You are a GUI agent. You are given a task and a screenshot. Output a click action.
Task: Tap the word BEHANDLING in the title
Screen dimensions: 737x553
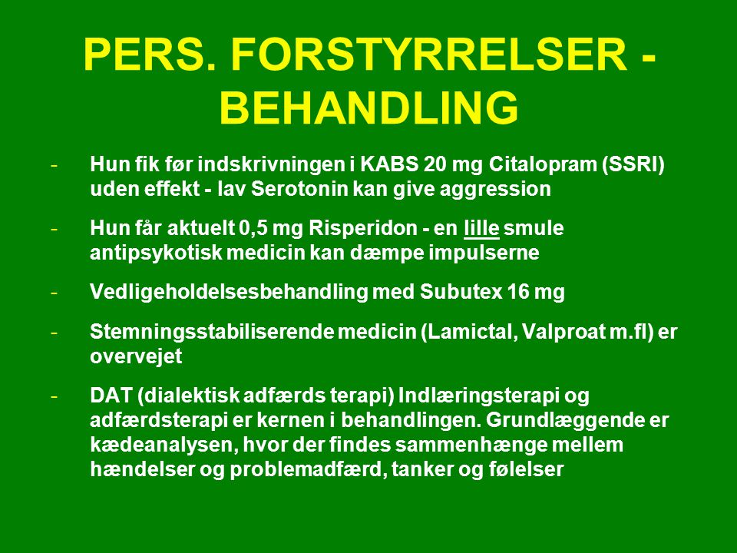pyautogui.click(x=369, y=108)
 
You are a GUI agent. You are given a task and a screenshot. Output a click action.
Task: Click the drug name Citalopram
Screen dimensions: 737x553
pyautogui.click(x=542, y=165)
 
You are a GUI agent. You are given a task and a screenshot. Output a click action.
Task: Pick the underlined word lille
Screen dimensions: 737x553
pyautogui.click(x=481, y=229)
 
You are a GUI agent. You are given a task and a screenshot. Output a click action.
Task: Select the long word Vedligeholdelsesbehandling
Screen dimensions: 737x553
pyautogui.click(x=229, y=293)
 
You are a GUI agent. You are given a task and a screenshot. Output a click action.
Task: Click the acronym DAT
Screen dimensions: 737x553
pyautogui.click(x=111, y=396)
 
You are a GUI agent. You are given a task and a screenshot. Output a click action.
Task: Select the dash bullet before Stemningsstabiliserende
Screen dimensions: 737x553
pyautogui.click(x=55, y=333)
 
